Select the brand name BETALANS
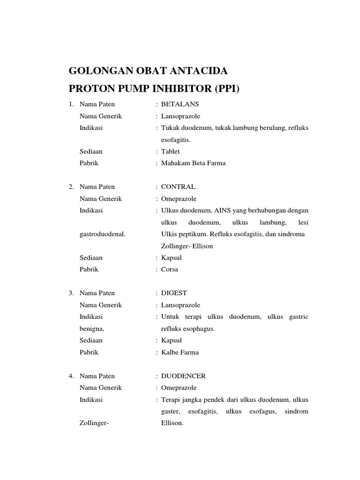180,104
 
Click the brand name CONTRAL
178,187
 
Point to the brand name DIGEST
174,293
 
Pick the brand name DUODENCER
183,376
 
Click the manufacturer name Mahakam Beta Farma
193,163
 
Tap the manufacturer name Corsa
170,270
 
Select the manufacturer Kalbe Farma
180,352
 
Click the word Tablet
170,151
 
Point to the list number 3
71,293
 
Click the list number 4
71,376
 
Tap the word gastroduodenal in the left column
102,234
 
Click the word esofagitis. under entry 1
176,140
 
